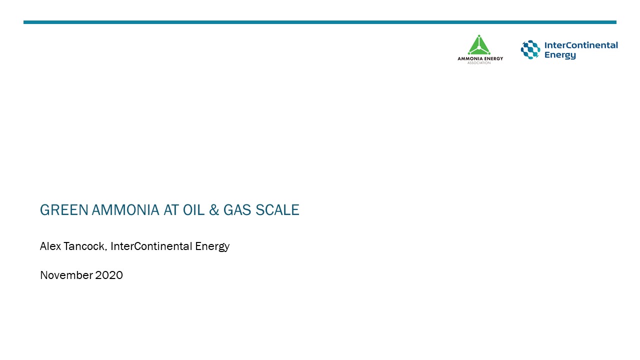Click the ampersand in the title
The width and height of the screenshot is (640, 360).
point(214,210)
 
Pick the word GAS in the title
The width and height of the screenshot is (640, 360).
point(237,210)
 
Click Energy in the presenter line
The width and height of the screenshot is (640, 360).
point(210,247)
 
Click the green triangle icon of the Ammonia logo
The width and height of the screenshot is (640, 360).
point(479,45)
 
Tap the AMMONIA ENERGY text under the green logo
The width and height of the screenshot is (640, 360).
point(480,59)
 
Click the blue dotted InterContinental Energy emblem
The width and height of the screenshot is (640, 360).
point(530,50)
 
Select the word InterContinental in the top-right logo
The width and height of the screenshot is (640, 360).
point(581,45)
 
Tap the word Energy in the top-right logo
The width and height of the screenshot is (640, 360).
point(560,55)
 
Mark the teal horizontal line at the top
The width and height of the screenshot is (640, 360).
point(320,22)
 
